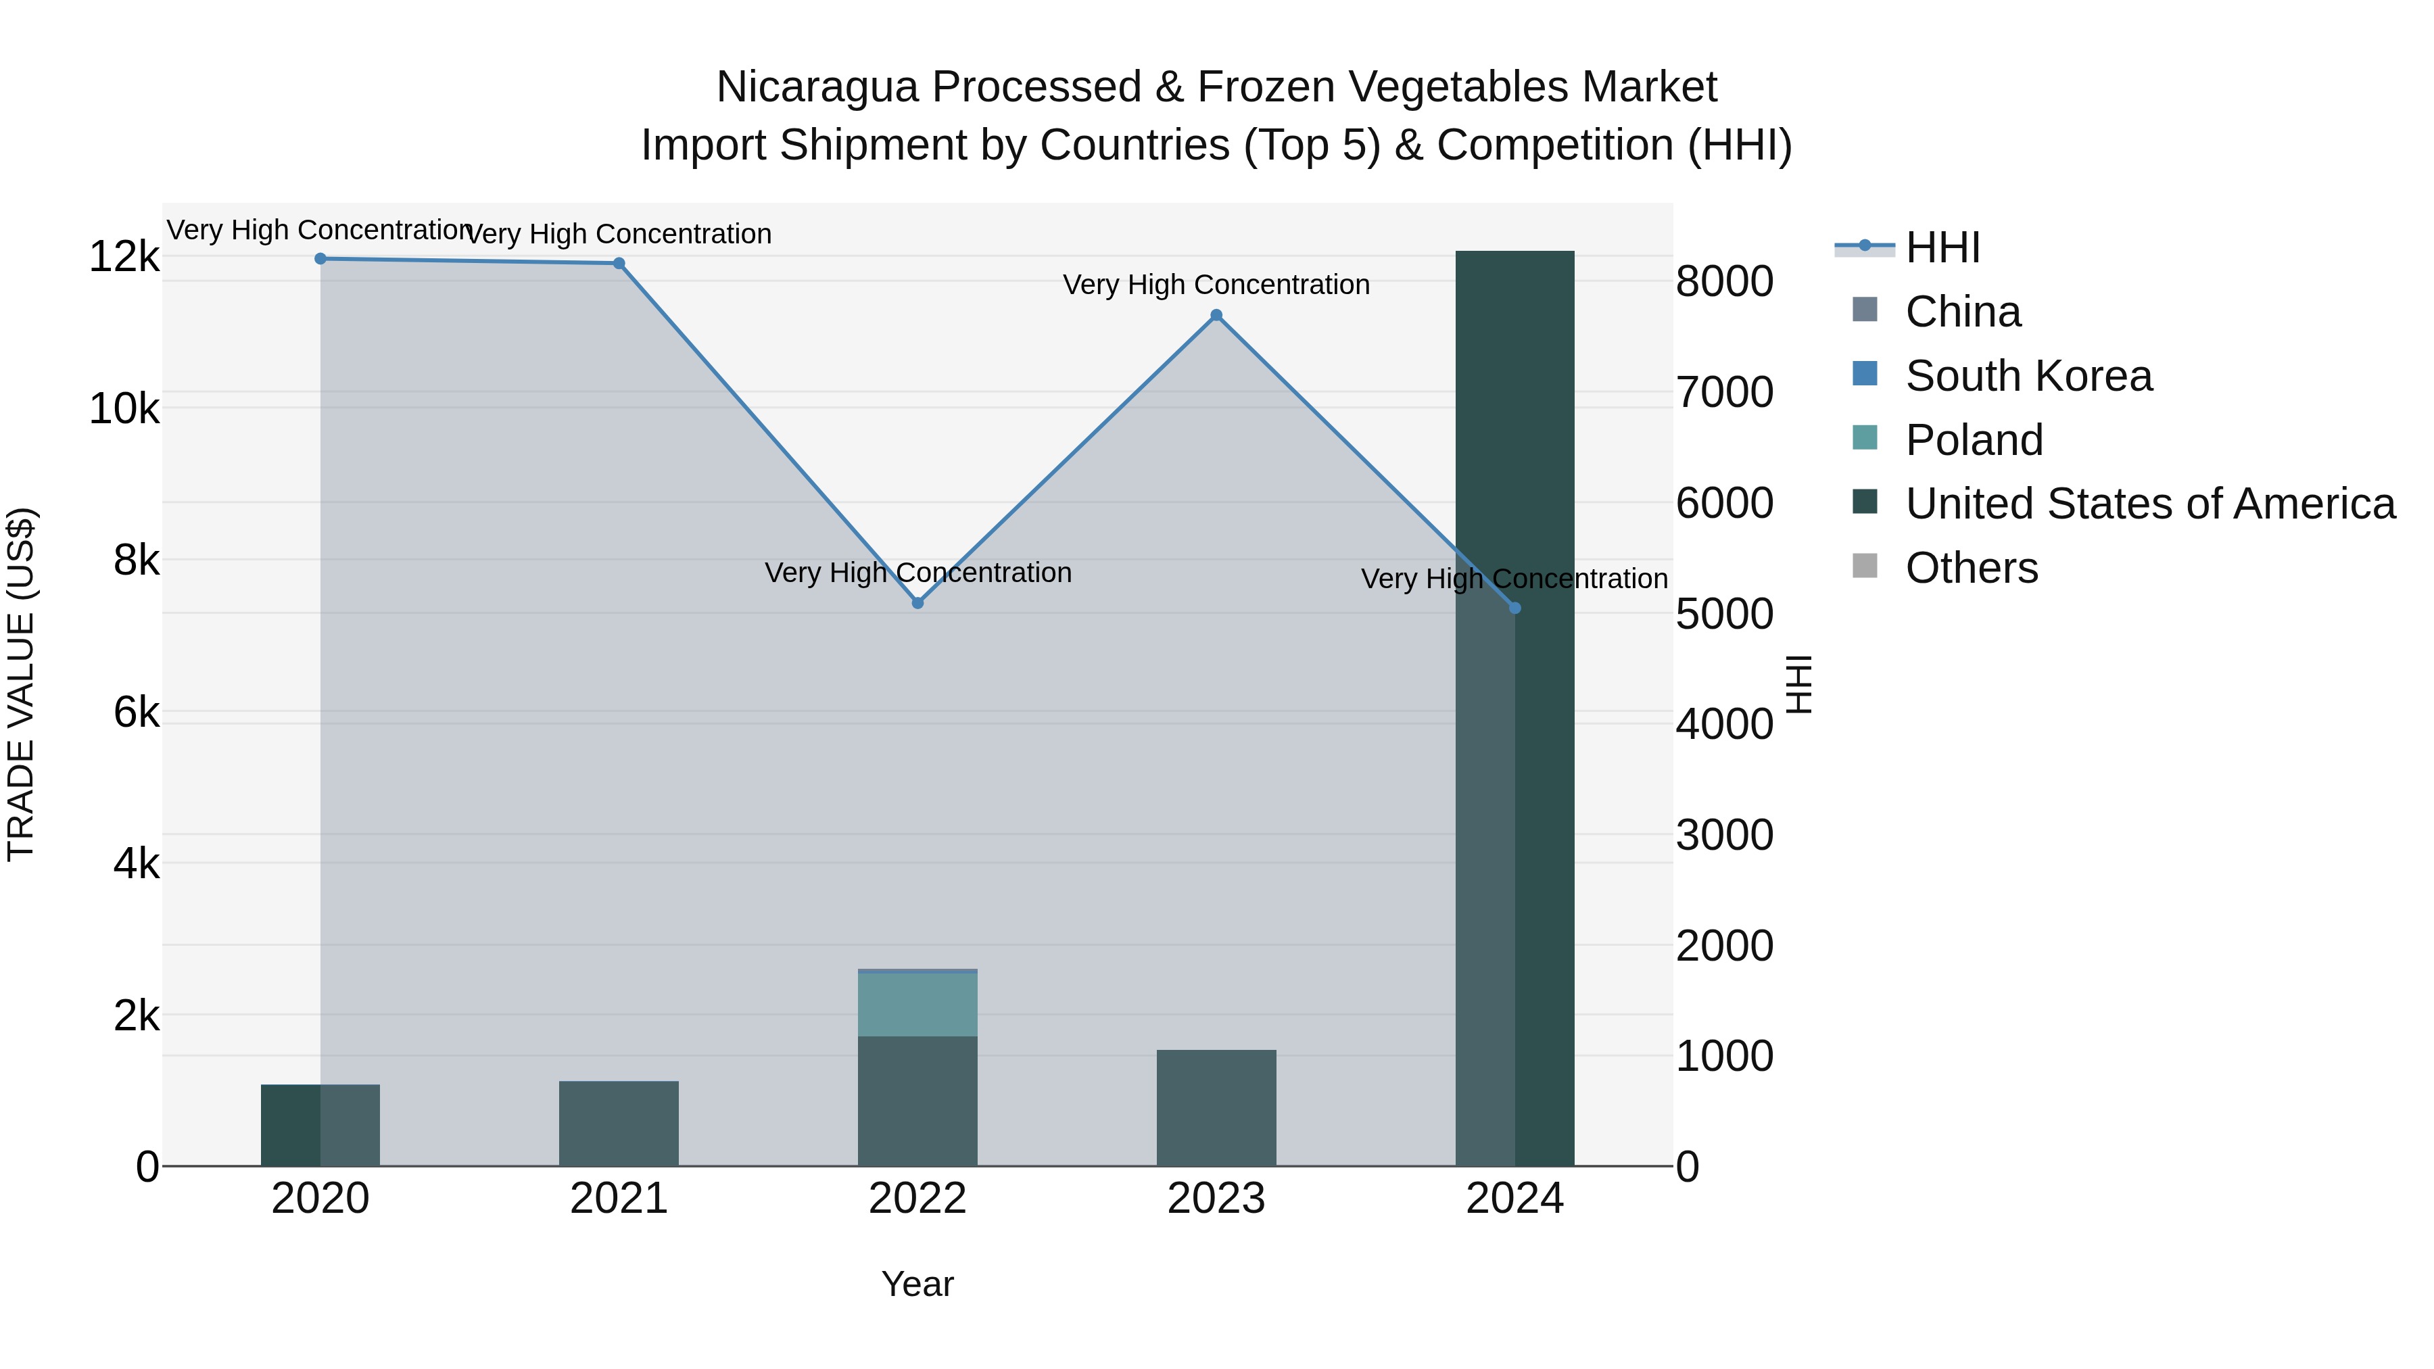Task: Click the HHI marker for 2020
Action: tap(320, 259)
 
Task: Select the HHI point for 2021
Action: tap(619, 264)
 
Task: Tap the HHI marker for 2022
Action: tap(917, 603)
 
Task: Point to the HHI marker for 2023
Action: tap(1216, 316)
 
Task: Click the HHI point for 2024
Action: tap(1514, 608)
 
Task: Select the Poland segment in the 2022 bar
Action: tap(917, 1005)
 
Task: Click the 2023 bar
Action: tap(1216, 1107)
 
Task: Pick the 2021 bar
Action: tap(619, 1124)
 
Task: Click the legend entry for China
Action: tap(1963, 312)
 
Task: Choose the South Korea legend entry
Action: tap(2028, 376)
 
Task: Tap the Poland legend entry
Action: tap(1974, 440)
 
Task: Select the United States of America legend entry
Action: tap(2149, 504)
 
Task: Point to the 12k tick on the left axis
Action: tap(124, 257)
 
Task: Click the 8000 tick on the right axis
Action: tap(1724, 281)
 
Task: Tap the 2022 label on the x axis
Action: tap(917, 1199)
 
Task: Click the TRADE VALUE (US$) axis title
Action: tap(21, 684)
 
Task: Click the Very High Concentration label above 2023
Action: tap(1216, 285)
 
